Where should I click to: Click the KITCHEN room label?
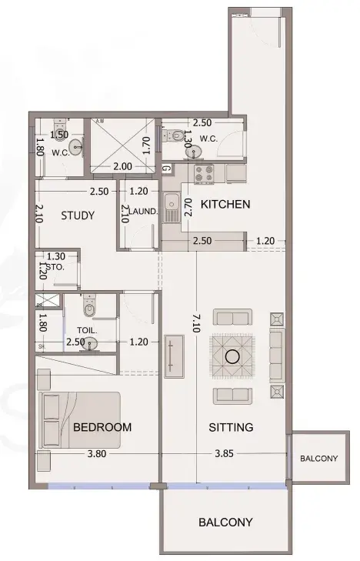pos(225,204)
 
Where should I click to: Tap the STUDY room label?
pos(78,215)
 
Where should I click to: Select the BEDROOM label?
pos(102,427)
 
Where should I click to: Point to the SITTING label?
pos(231,427)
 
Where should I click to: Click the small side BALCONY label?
pos(319,459)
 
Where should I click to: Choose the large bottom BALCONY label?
pos(225,522)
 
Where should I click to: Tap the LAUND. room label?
pos(143,212)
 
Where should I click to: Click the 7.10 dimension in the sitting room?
pos(195,323)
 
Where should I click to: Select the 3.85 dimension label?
pos(224,453)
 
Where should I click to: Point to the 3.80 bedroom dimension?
pos(97,454)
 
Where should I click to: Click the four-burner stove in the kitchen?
pos(204,174)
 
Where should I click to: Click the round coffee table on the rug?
pos(232,356)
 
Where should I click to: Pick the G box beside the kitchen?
pos(167,169)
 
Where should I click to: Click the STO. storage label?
pos(55,267)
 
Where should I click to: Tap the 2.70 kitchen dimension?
pos(188,208)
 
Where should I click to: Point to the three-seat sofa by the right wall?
pos(277,356)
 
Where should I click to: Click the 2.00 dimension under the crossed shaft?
pos(122,166)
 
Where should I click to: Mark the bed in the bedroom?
pos(81,420)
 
